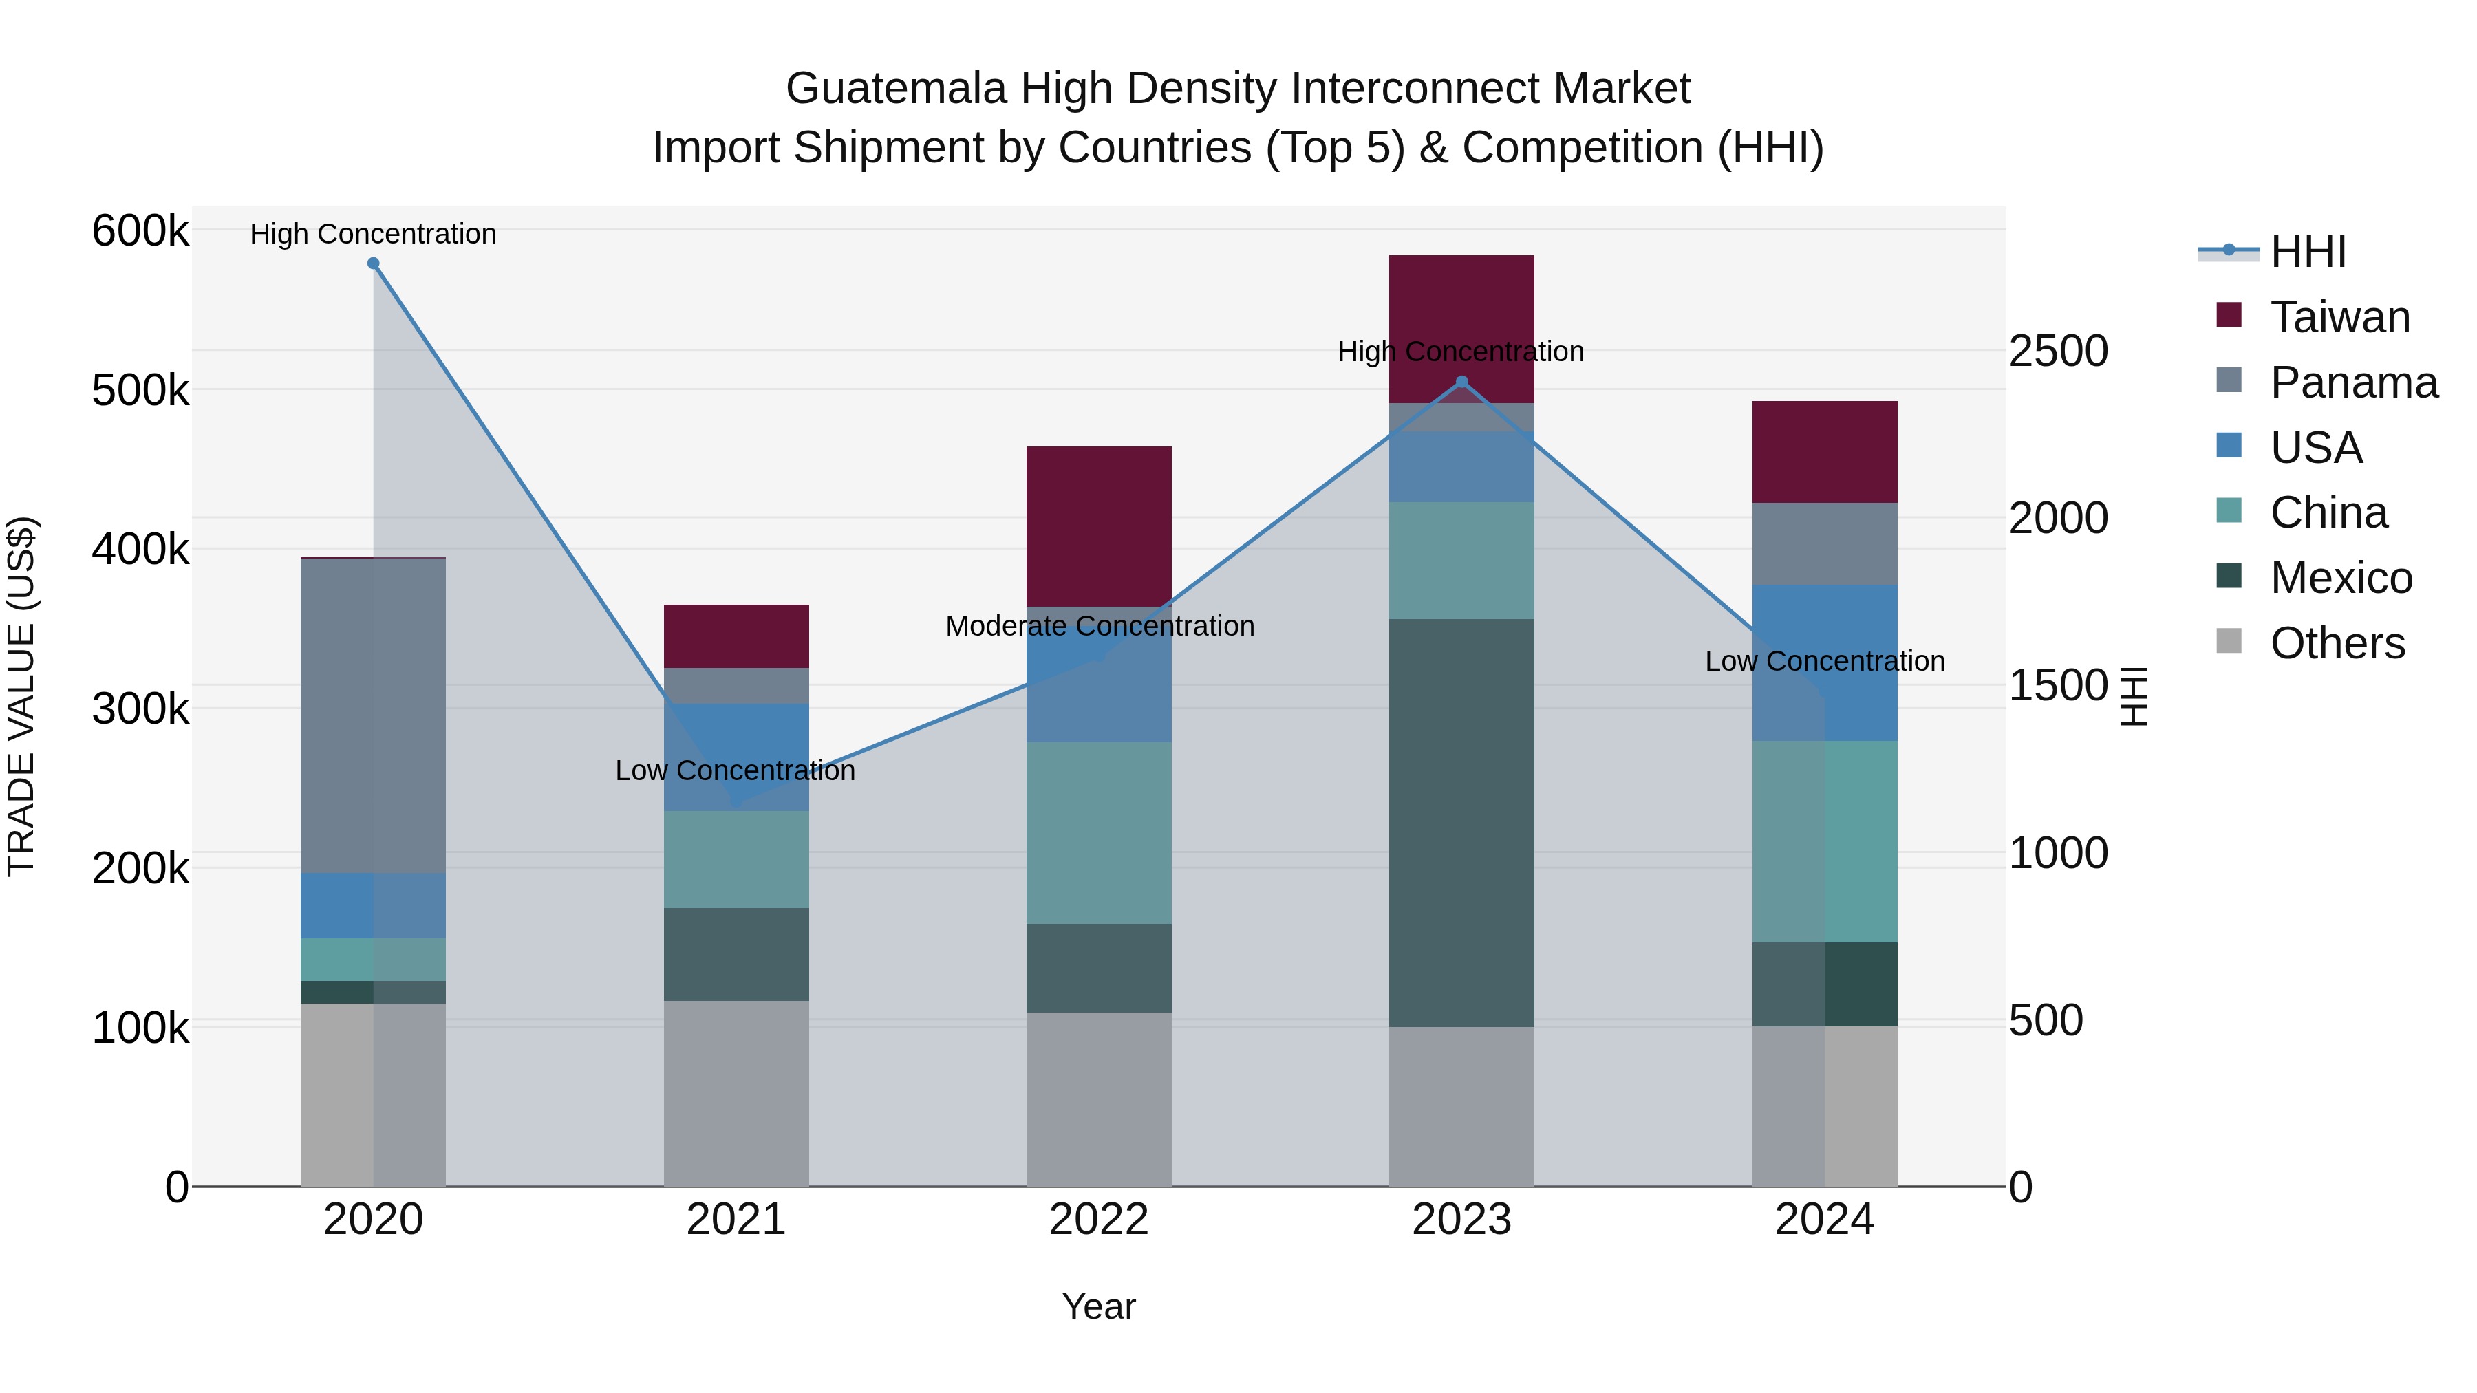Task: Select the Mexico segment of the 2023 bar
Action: tap(1461, 822)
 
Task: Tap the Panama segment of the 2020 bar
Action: tap(373, 715)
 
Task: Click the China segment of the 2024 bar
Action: tap(1824, 841)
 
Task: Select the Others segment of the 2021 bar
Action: tap(736, 1093)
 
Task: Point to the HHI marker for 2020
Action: tap(373, 263)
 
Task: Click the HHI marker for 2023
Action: tap(1461, 382)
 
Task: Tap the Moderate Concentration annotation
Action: tap(1099, 626)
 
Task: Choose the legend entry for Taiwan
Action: tap(2339, 317)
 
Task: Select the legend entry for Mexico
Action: tap(2341, 578)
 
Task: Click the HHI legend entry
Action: tap(2307, 252)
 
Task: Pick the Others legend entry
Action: tap(2337, 643)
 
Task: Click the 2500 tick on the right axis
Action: tap(2058, 351)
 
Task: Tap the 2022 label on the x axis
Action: tap(1098, 1220)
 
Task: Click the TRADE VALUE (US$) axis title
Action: tap(21, 696)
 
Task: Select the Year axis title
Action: tap(1098, 1306)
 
